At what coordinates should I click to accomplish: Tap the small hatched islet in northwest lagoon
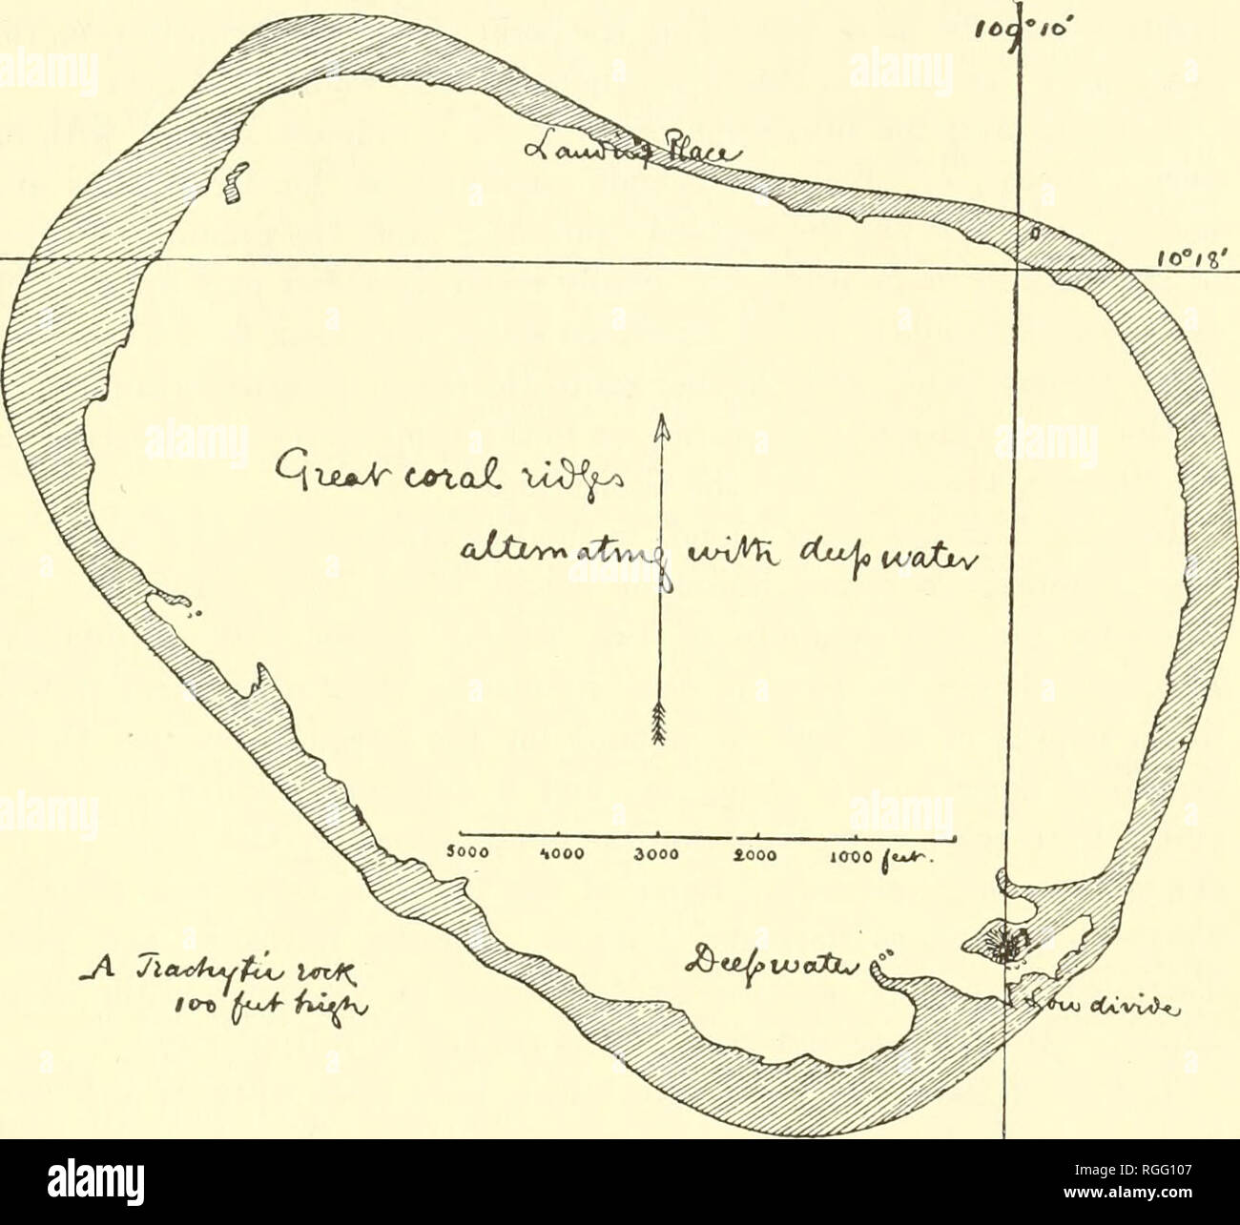pos(231,184)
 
